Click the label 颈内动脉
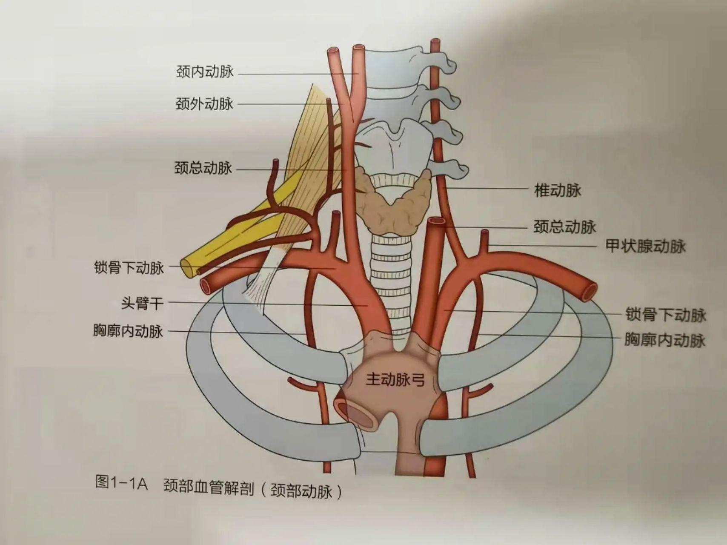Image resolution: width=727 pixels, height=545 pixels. [205, 71]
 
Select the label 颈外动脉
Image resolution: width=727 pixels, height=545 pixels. [204, 103]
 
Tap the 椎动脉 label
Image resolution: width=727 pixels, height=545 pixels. [558, 190]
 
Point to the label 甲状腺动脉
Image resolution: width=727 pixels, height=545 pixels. [645, 246]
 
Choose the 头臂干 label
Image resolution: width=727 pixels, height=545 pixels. [142, 303]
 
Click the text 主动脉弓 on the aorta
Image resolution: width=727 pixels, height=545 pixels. [395, 379]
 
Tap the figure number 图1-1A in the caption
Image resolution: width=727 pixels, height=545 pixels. [121, 483]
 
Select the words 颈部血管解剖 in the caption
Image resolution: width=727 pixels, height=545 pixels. [209, 488]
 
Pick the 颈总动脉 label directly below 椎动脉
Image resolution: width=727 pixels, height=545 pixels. [564, 227]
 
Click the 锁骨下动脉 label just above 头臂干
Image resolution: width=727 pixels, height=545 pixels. [129, 268]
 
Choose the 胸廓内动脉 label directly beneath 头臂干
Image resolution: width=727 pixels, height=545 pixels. [128, 330]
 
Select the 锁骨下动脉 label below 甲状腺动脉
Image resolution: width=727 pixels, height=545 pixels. [665, 315]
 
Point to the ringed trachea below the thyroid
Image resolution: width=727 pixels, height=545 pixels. [389, 277]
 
